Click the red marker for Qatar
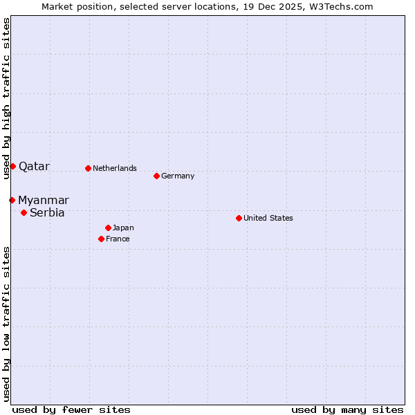point(12,166)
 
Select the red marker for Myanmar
point(12,200)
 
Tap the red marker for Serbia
point(24,212)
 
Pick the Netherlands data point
point(88,168)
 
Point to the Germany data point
point(156,176)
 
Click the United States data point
point(239,218)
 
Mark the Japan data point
point(108,228)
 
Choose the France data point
point(101,239)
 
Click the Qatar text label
point(34,166)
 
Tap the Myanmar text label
point(44,200)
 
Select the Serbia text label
point(47,212)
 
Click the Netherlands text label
point(115,168)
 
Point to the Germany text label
point(178,176)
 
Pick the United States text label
point(268,218)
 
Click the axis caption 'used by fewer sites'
point(71,409)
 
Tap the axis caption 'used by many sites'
point(347,409)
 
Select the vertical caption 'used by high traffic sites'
point(6,99)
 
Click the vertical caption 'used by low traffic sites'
point(6,324)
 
